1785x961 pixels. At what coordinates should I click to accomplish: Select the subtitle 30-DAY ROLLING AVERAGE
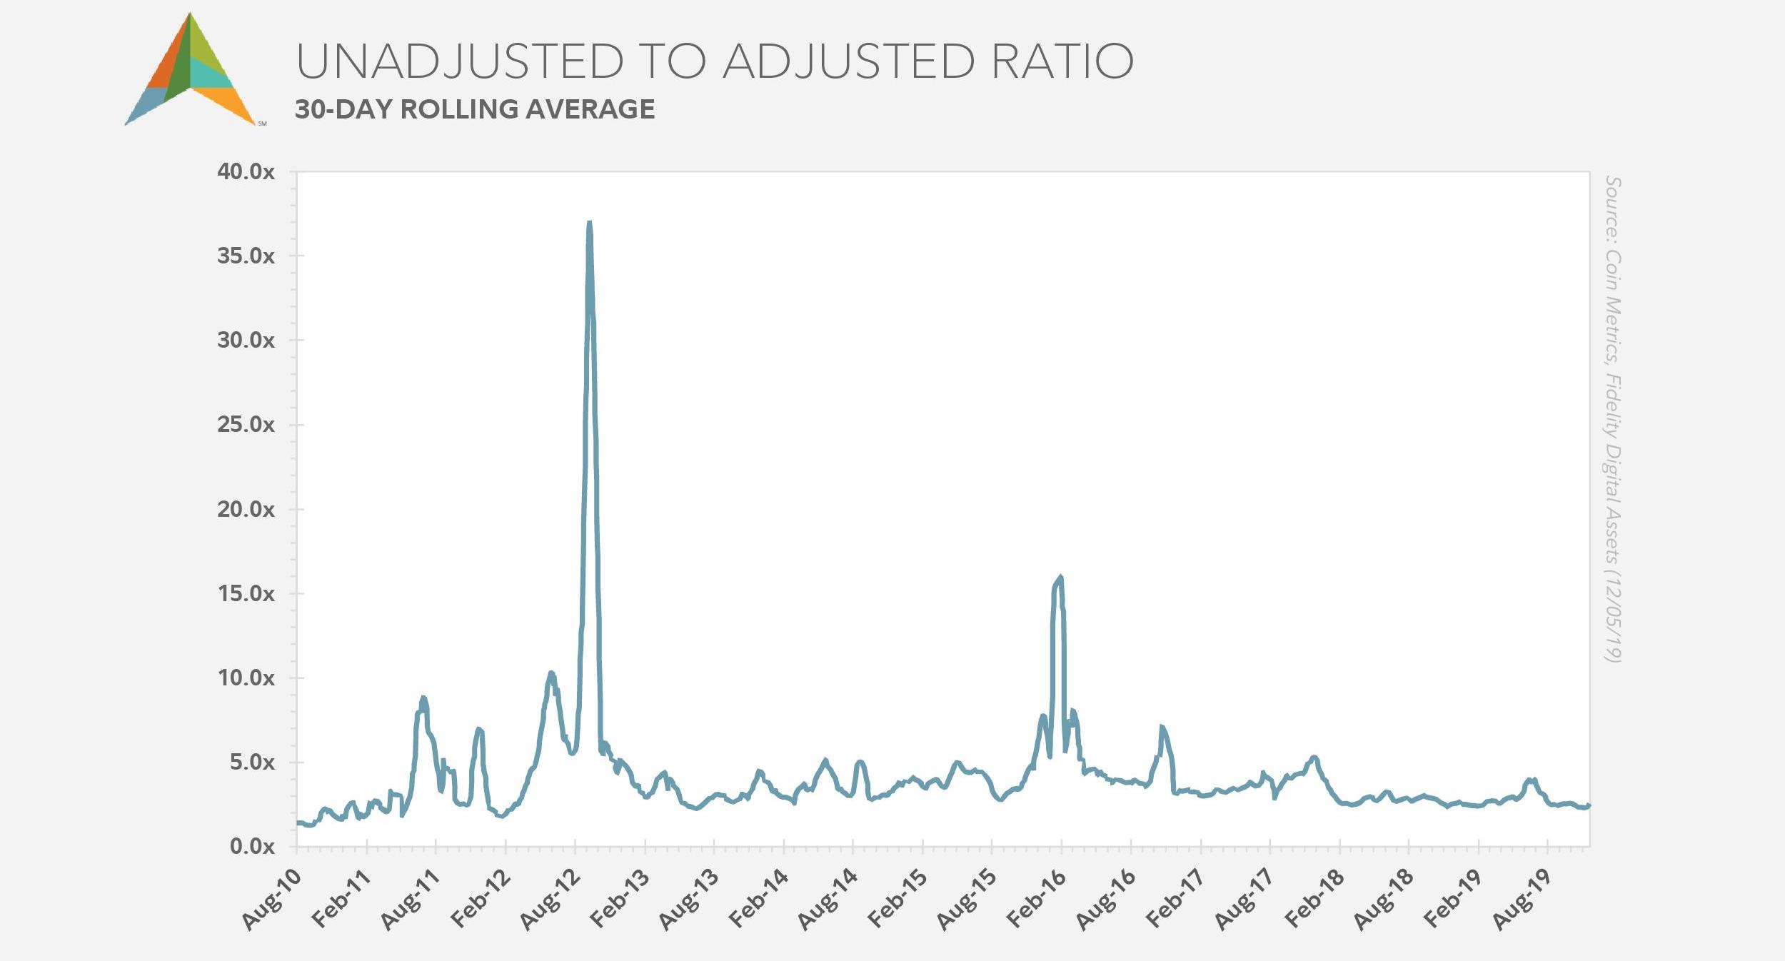[475, 109]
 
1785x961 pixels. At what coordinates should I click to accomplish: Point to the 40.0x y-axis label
[246, 172]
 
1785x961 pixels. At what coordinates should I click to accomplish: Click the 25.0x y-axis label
[246, 425]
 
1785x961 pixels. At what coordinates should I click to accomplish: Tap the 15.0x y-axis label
[246, 594]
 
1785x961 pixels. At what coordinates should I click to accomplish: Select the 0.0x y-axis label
[252, 847]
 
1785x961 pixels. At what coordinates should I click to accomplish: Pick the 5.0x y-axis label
[252, 763]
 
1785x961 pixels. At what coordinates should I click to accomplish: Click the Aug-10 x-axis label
[272, 900]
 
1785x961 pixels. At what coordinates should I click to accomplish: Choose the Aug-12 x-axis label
[550, 900]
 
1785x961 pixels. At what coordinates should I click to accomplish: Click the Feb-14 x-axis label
[759, 900]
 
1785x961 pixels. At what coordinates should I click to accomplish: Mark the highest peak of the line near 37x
[589, 223]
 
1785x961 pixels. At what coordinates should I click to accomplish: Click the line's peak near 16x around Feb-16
[1060, 578]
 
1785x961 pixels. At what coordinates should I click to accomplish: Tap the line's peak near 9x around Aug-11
[423, 698]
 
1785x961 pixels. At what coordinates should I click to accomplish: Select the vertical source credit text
[1612, 419]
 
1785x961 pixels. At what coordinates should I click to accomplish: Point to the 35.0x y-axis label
[246, 256]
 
